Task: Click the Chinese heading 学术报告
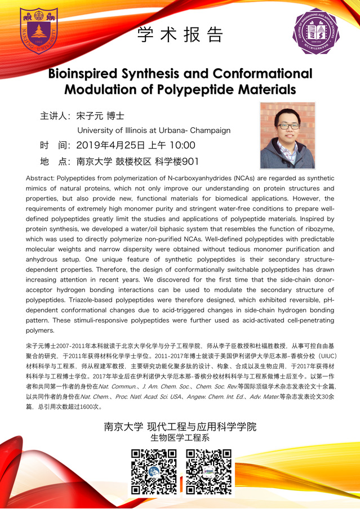(x=180, y=35)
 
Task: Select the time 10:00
(x=181, y=146)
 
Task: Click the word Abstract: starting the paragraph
(x=40, y=178)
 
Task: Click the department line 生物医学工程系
(x=180, y=437)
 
